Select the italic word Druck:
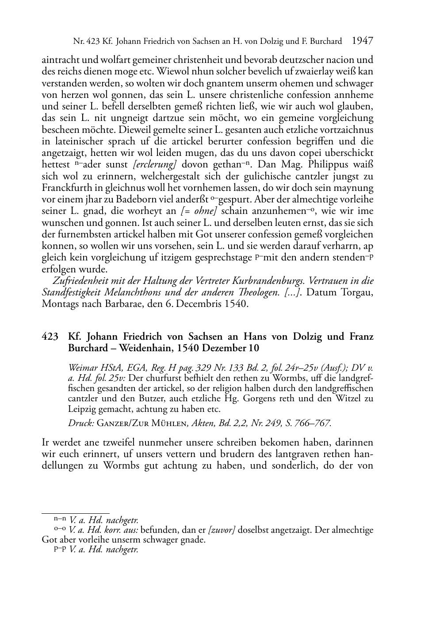[80, 423]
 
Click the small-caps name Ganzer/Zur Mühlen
[143, 423]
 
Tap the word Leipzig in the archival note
[82, 409]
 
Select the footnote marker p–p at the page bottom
[60, 550]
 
